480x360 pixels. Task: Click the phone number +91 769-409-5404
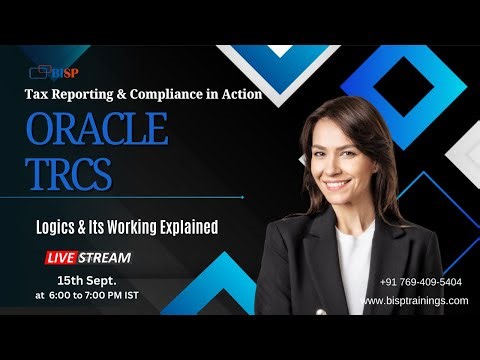421,282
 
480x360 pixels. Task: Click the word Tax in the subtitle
36,94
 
